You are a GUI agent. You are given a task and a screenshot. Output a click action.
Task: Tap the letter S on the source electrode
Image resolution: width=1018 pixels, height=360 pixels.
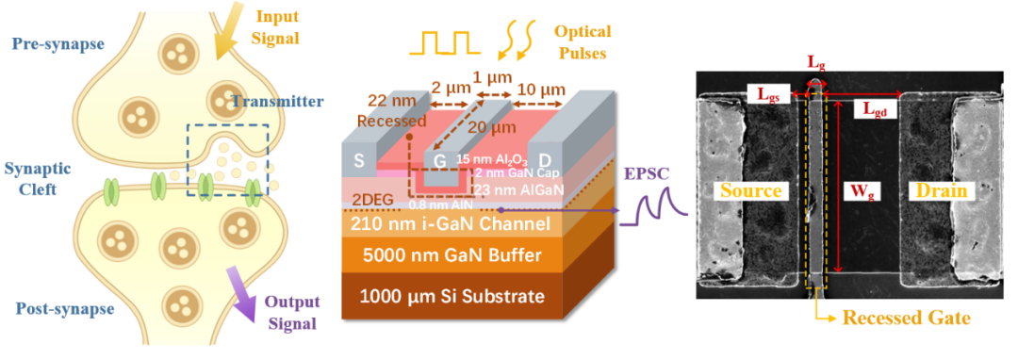[359, 159]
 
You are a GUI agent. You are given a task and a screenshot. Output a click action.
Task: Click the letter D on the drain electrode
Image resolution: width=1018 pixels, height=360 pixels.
[546, 158]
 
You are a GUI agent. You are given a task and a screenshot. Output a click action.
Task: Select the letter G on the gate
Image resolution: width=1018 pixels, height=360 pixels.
[440, 160]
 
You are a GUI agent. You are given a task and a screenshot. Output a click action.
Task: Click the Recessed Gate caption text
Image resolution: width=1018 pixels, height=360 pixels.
[906, 318]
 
